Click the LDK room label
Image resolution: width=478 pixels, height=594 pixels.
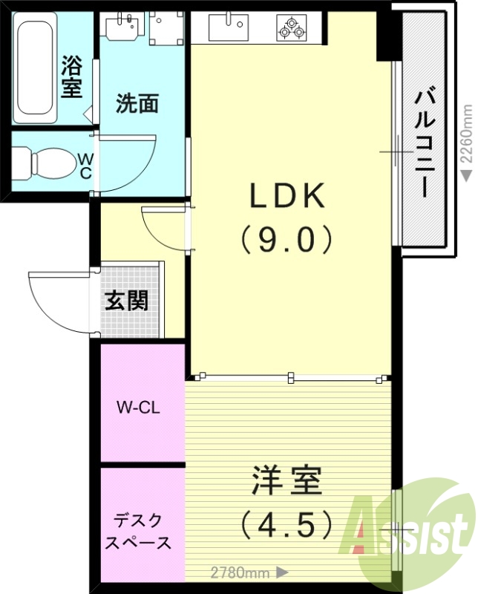point(287,198)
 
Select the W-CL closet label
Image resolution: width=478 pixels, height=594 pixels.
point(139,407)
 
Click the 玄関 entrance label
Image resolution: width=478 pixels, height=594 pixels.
point(126,301)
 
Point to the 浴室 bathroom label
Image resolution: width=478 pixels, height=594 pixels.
point(71,76)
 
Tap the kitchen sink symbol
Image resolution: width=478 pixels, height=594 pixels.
point(229,28)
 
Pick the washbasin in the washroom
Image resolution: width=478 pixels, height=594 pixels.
point(122,27)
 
